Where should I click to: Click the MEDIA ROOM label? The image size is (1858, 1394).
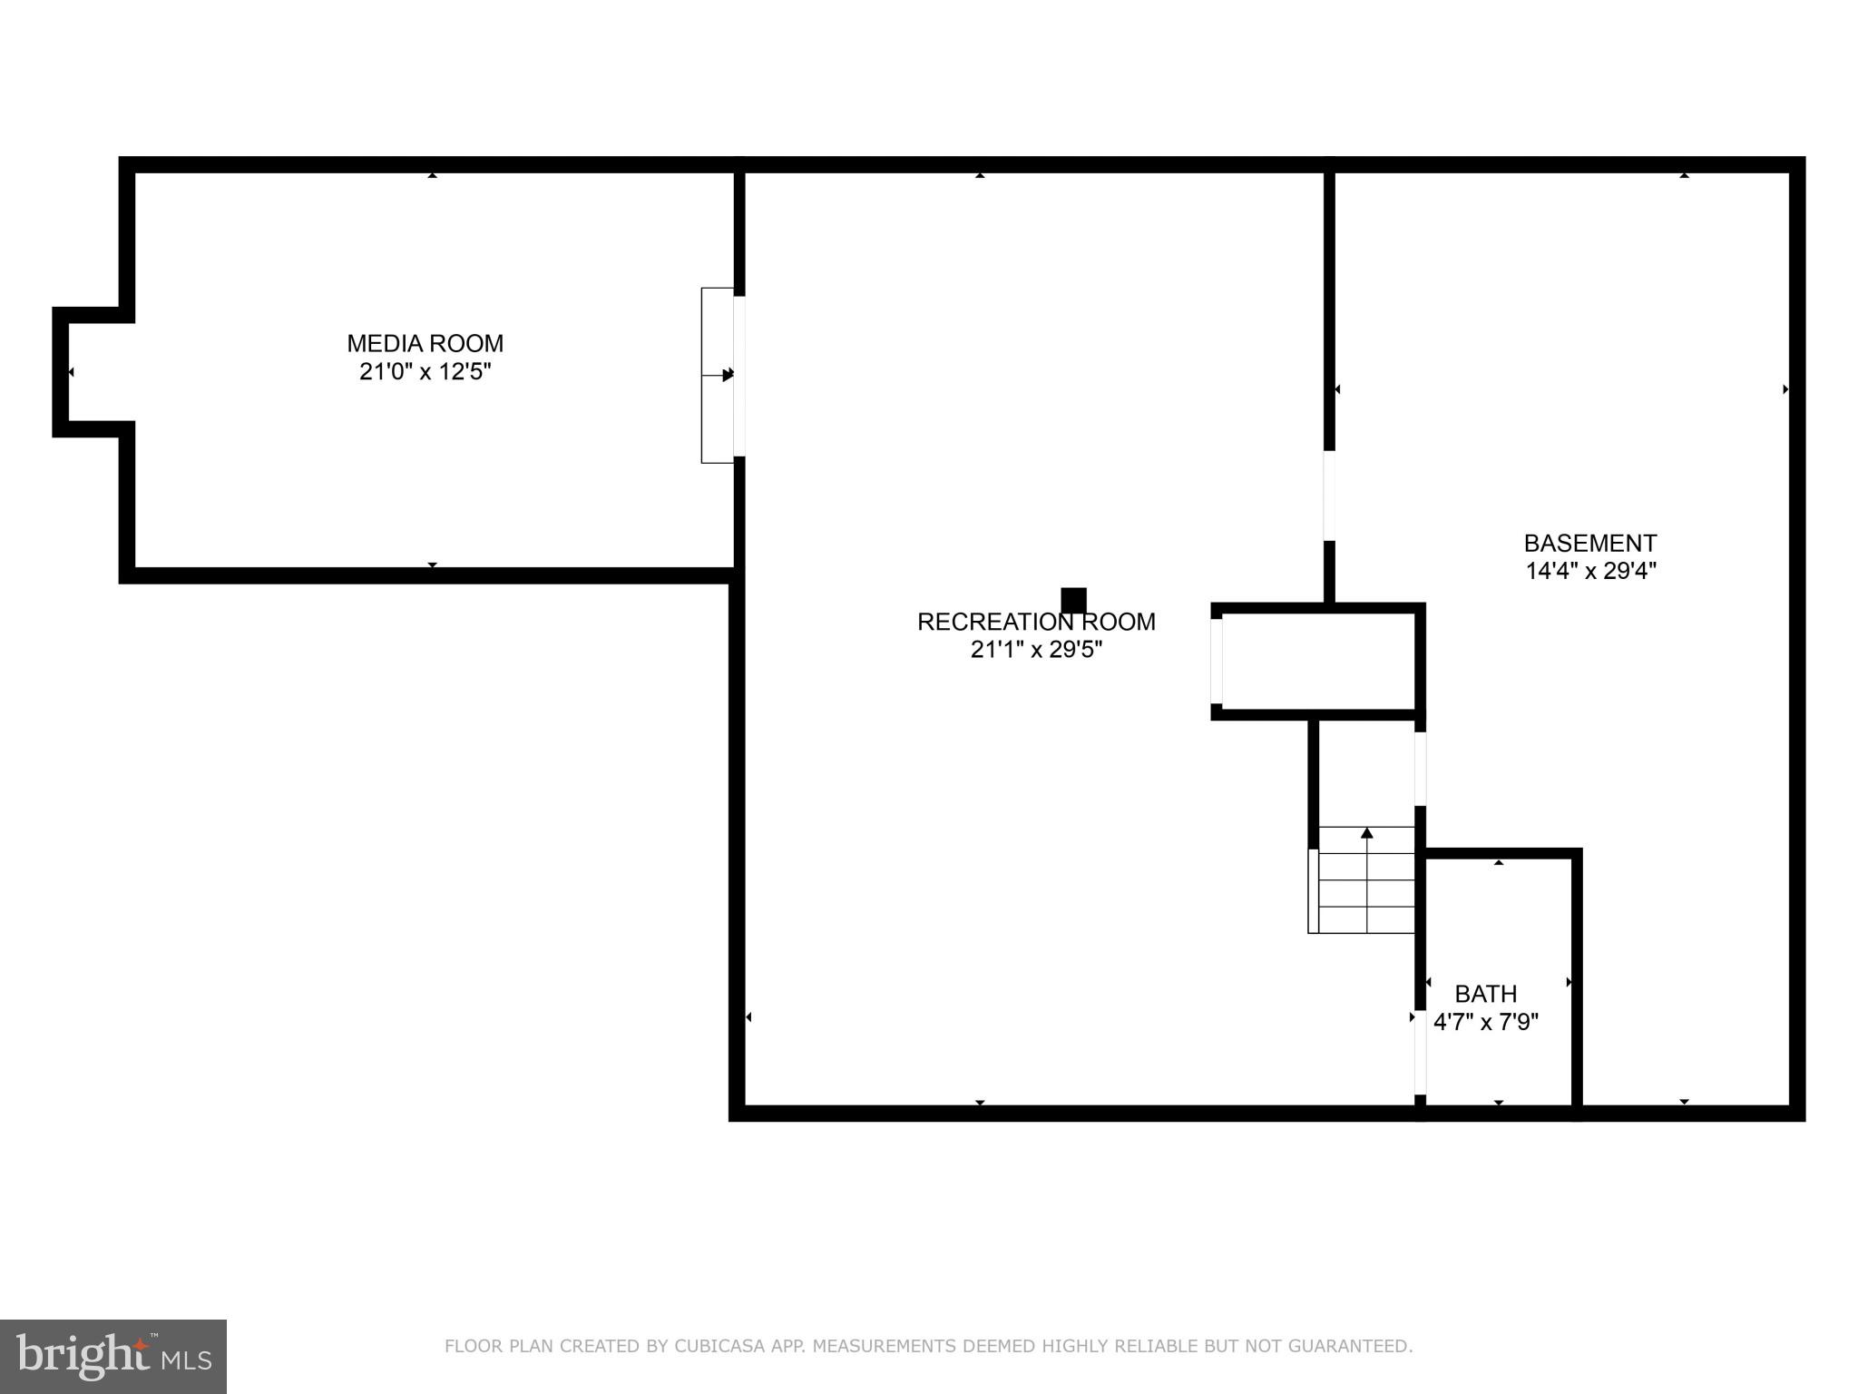425,344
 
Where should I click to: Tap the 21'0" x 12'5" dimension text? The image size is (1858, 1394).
425,372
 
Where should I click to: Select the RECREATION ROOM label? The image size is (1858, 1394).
1036,623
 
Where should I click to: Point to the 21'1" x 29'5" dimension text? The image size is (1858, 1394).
1036,650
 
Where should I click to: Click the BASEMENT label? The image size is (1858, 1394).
1589,544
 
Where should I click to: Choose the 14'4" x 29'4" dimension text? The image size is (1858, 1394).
1590,571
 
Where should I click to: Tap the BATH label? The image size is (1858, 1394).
1485,994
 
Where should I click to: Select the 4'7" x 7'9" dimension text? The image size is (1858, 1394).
1485,1022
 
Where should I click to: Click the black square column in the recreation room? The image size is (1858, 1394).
1073,601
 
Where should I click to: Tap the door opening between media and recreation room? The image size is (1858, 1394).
739,376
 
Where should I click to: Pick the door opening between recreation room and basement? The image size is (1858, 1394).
1329,496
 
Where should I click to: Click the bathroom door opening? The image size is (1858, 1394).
1420,1053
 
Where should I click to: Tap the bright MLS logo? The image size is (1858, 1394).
113,1356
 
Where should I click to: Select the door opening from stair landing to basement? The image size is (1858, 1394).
1420,769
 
